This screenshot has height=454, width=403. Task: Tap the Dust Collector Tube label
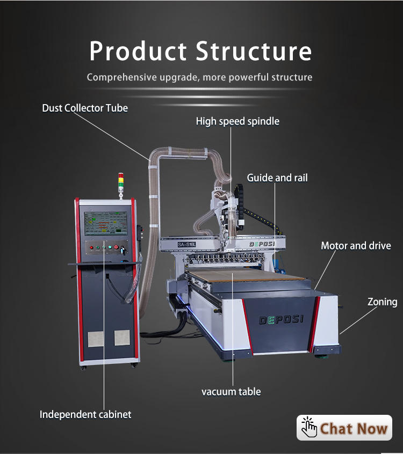click(85, 108)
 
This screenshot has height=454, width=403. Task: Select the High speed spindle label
click(238, 121)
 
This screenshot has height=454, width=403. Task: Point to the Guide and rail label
click(277, 178)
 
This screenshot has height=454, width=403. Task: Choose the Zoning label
click(382, 302)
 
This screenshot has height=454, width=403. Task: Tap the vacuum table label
click(231, 392)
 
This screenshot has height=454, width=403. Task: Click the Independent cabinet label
click(85, 414)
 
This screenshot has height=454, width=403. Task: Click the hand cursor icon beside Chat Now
click(309, 428)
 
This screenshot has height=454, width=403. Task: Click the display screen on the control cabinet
click(105, 223)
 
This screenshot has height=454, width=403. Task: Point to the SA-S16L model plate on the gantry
click(188, 245)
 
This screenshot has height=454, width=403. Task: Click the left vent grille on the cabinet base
click(95, 338)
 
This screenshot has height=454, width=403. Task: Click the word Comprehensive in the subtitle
click(121, 77)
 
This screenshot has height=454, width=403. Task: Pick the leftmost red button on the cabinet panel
click(92, 247)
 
